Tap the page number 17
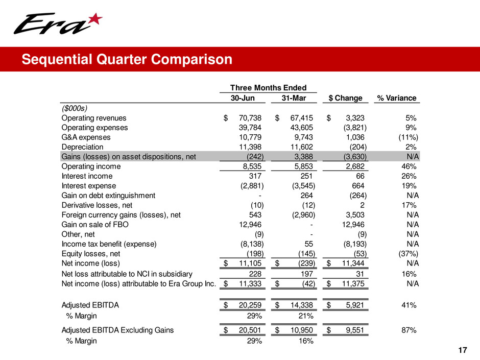tap(463, 350)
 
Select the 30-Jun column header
tap(243, 98)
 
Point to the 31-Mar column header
tap(294, 98)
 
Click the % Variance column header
tap(396, 98)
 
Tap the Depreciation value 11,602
tap(301, 147)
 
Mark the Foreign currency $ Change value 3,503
tap(354, 215)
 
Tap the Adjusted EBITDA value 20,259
tap(250, 305)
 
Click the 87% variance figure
tap(409, 330)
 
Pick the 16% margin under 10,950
tap(305, 341)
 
